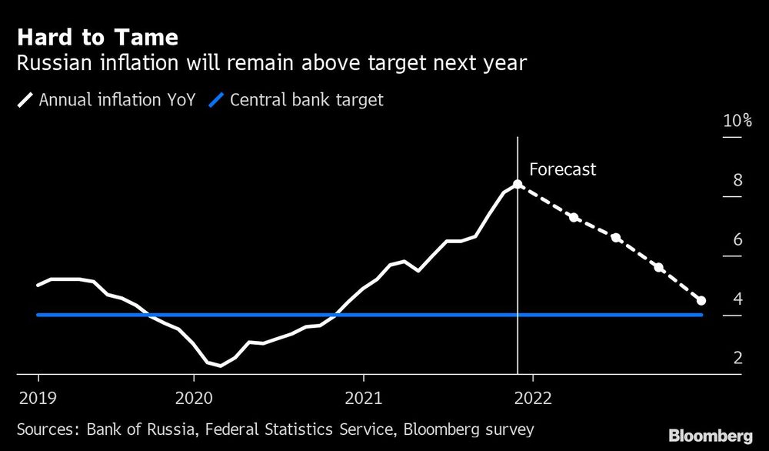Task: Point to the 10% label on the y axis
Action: coord(736,121)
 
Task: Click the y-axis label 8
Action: coord(737,180)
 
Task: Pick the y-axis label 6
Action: coord(737,239)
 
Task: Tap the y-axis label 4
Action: coord(737,299)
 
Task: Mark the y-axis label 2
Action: coord(737,358)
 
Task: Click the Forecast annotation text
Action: coord(562,170)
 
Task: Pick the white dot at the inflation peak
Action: coord(518,185)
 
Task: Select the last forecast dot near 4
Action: coord(701,300)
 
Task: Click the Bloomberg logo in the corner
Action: coord(710,435)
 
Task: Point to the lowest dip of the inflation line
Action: coord(221,366)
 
